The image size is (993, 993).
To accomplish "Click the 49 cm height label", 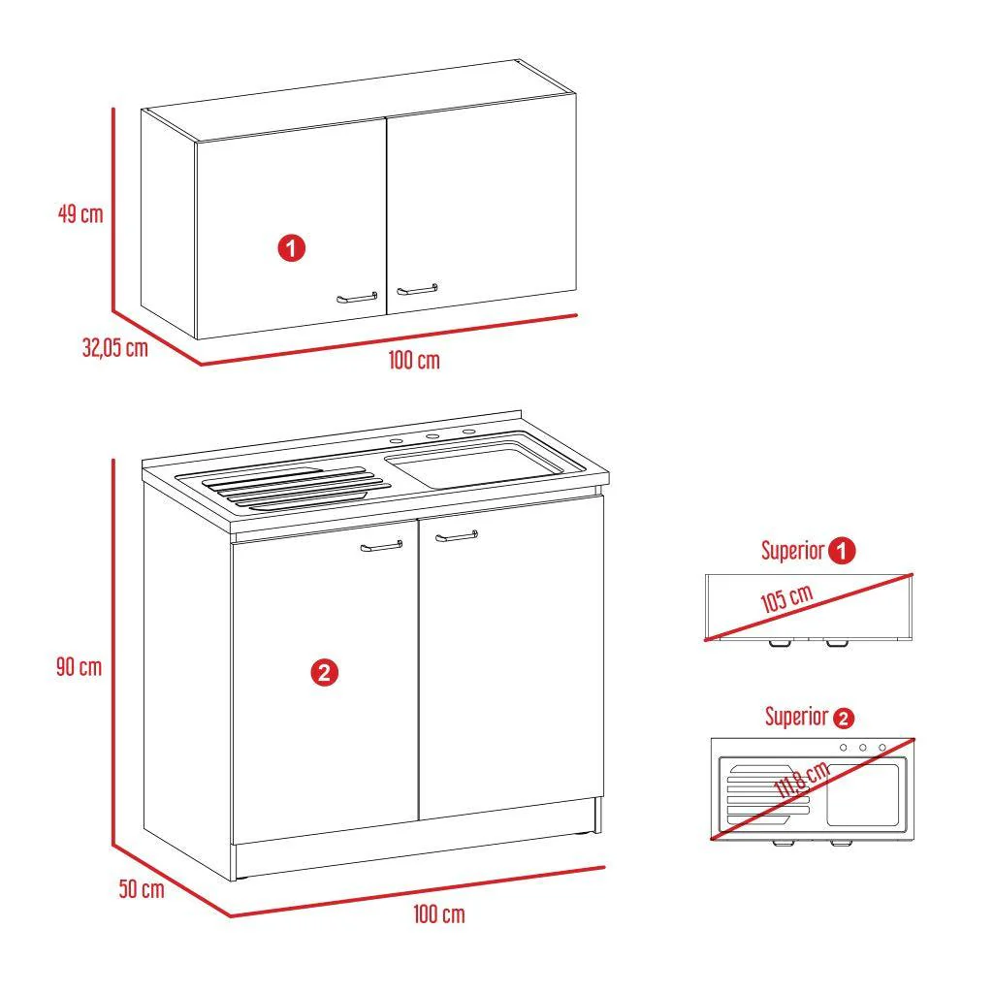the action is pos(80,213).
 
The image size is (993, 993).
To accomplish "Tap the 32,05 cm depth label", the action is pos(115,348).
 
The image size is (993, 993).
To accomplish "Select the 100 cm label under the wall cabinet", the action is pos(414,361).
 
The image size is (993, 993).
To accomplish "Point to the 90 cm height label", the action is pos(80,667).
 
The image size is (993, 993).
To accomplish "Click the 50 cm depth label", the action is pos(142,889).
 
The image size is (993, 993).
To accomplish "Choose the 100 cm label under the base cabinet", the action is pos(439,914).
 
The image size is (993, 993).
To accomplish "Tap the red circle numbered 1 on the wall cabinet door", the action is pos(291,247).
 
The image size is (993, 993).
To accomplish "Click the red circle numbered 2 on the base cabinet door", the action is pos(324,673).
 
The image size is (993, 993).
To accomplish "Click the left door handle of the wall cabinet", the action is pos(357,298).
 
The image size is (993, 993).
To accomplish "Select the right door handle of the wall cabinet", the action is pos(417,289).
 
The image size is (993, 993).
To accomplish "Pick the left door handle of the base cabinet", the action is pos(382,546).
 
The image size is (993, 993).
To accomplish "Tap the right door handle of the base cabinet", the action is pos(457,536).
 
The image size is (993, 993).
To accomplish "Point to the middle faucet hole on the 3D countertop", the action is pos(432,436).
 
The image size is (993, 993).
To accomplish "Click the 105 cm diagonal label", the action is pos(786,598).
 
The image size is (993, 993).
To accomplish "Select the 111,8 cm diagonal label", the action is pos(802,780).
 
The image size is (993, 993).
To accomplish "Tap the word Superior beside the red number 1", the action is pos(793,551).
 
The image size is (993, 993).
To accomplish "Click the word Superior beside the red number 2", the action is pos(797,717).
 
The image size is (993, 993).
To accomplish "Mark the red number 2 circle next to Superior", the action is pos(844,719).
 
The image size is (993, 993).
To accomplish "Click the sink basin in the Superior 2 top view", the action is pos(862,795).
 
